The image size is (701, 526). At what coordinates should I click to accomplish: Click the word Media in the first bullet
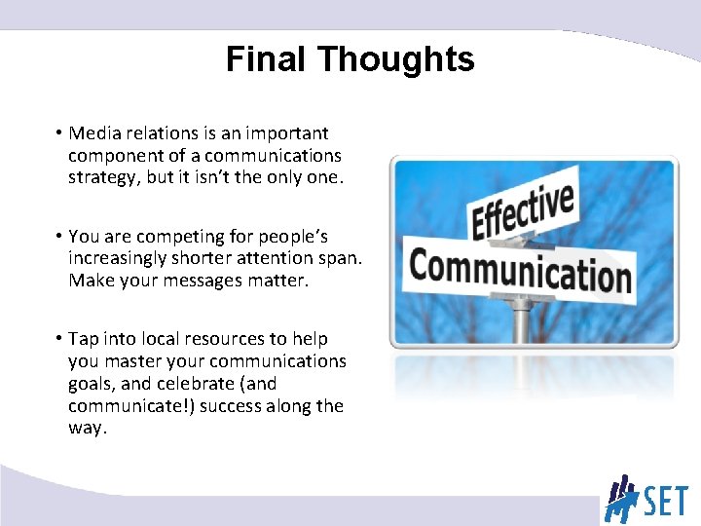93,133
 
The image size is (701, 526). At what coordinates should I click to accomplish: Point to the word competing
176,237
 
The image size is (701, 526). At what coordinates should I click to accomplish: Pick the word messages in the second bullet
210,282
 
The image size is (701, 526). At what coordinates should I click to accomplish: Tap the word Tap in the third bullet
83,339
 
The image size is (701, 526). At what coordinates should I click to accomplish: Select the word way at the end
86,429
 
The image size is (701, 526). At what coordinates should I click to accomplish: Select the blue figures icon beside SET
619,498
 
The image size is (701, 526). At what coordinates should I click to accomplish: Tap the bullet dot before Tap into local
59,339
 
